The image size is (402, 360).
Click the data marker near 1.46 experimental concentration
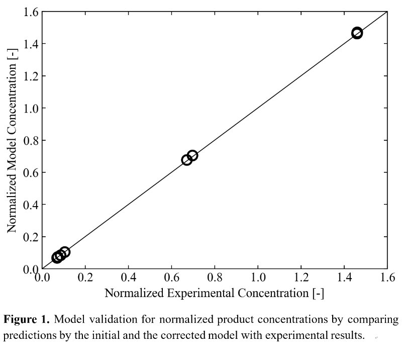[357, 33]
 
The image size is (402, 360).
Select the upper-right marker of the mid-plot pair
[192, 155]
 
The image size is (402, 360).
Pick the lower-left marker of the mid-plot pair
[187, 160]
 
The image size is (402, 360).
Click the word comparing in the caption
[372, 320]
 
